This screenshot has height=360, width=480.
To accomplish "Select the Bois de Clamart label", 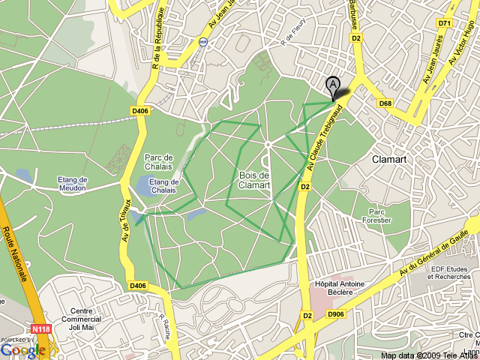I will coord(254,180).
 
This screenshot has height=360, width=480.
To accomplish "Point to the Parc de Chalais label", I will coord(159,161).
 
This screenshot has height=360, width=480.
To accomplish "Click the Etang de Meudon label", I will coord(73,184).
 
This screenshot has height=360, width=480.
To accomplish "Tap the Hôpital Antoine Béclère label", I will coord(340,288).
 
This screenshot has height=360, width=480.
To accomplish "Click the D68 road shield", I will coord(385,103).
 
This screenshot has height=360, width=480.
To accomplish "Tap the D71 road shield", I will coord(445,23).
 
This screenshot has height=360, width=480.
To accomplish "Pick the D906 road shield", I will coord(336,314).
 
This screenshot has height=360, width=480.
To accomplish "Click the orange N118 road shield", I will coord(41,328).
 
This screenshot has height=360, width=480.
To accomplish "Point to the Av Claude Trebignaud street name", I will coord(325,135).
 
